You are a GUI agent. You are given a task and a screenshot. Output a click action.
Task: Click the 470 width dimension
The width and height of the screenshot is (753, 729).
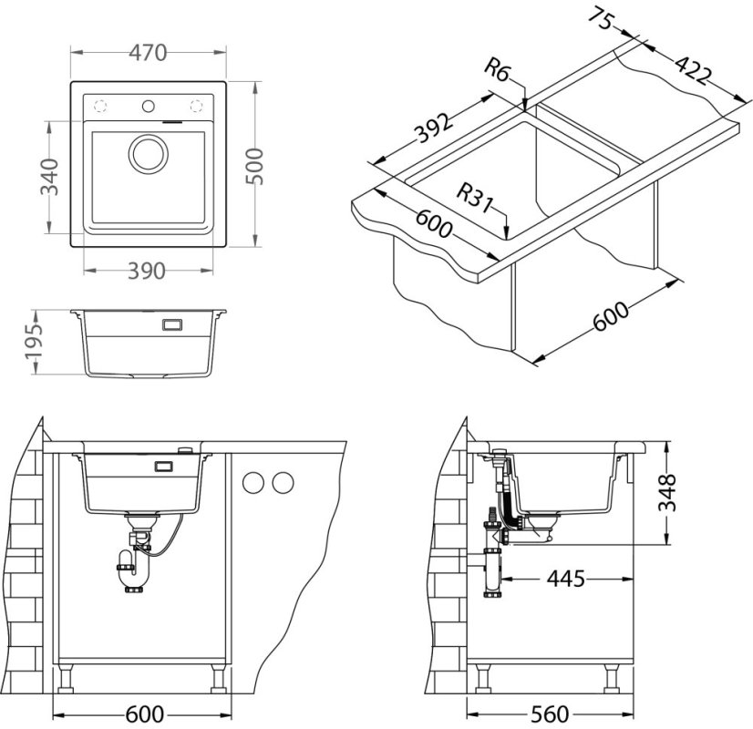pos(148,52)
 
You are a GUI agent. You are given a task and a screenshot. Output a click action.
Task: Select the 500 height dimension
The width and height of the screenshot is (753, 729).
pos(254,166)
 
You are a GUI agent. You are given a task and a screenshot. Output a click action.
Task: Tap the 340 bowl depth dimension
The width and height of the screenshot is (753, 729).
pos(49,177)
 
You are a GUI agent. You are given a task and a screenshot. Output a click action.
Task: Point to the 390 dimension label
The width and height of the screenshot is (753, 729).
pos(147,272)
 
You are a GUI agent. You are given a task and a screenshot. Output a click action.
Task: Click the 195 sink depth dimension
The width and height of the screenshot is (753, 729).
pos(34,343)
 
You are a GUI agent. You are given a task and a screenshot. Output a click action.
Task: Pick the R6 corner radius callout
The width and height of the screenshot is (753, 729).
pos(497,70)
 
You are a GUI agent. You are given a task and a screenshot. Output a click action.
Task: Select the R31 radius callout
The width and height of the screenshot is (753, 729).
pos(475,197)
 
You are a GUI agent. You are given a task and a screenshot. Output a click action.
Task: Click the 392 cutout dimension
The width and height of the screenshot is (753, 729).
pos(434,128)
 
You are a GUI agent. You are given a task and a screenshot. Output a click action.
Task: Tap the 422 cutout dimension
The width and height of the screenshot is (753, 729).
pos(693,70)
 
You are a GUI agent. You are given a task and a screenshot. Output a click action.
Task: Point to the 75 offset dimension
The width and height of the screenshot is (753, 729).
pos(601,19)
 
